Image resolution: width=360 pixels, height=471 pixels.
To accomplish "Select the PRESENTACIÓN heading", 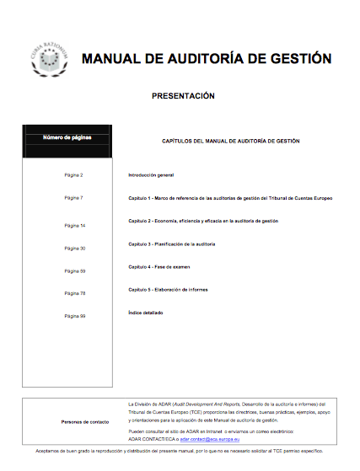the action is click(x=183, y=96).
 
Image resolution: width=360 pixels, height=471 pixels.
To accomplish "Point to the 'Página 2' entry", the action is click(x=74, y=174).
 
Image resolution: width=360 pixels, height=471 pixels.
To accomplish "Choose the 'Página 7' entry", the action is click(x=74, y=197).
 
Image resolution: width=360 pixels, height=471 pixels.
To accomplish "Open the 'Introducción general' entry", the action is click(x=151, y=174).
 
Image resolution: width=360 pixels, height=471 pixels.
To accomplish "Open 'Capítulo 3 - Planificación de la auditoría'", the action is click(x=172, y=244).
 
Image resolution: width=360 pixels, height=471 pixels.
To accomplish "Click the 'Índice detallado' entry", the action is click(x=145, y=313).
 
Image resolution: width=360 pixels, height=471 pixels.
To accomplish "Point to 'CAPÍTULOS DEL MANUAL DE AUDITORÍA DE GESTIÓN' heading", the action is click(x=230, y=142).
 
